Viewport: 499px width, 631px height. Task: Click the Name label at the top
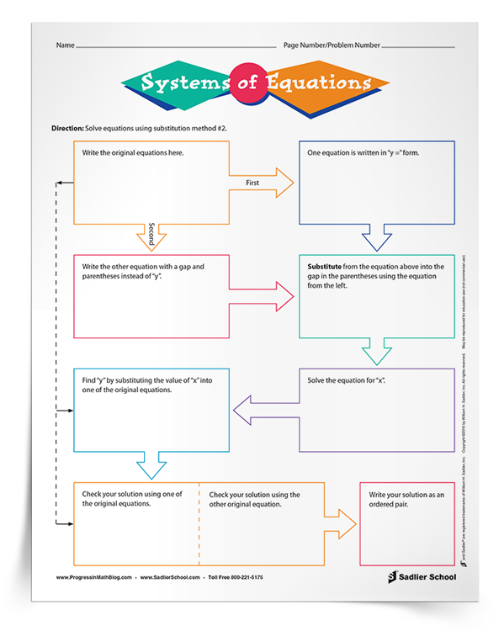66,44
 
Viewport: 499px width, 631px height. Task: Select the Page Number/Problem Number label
332,44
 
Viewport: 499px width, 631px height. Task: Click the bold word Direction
67,127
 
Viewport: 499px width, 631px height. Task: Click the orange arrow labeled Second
151,235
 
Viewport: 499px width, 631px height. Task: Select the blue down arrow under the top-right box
377,234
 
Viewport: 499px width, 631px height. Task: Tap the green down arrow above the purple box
377,349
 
